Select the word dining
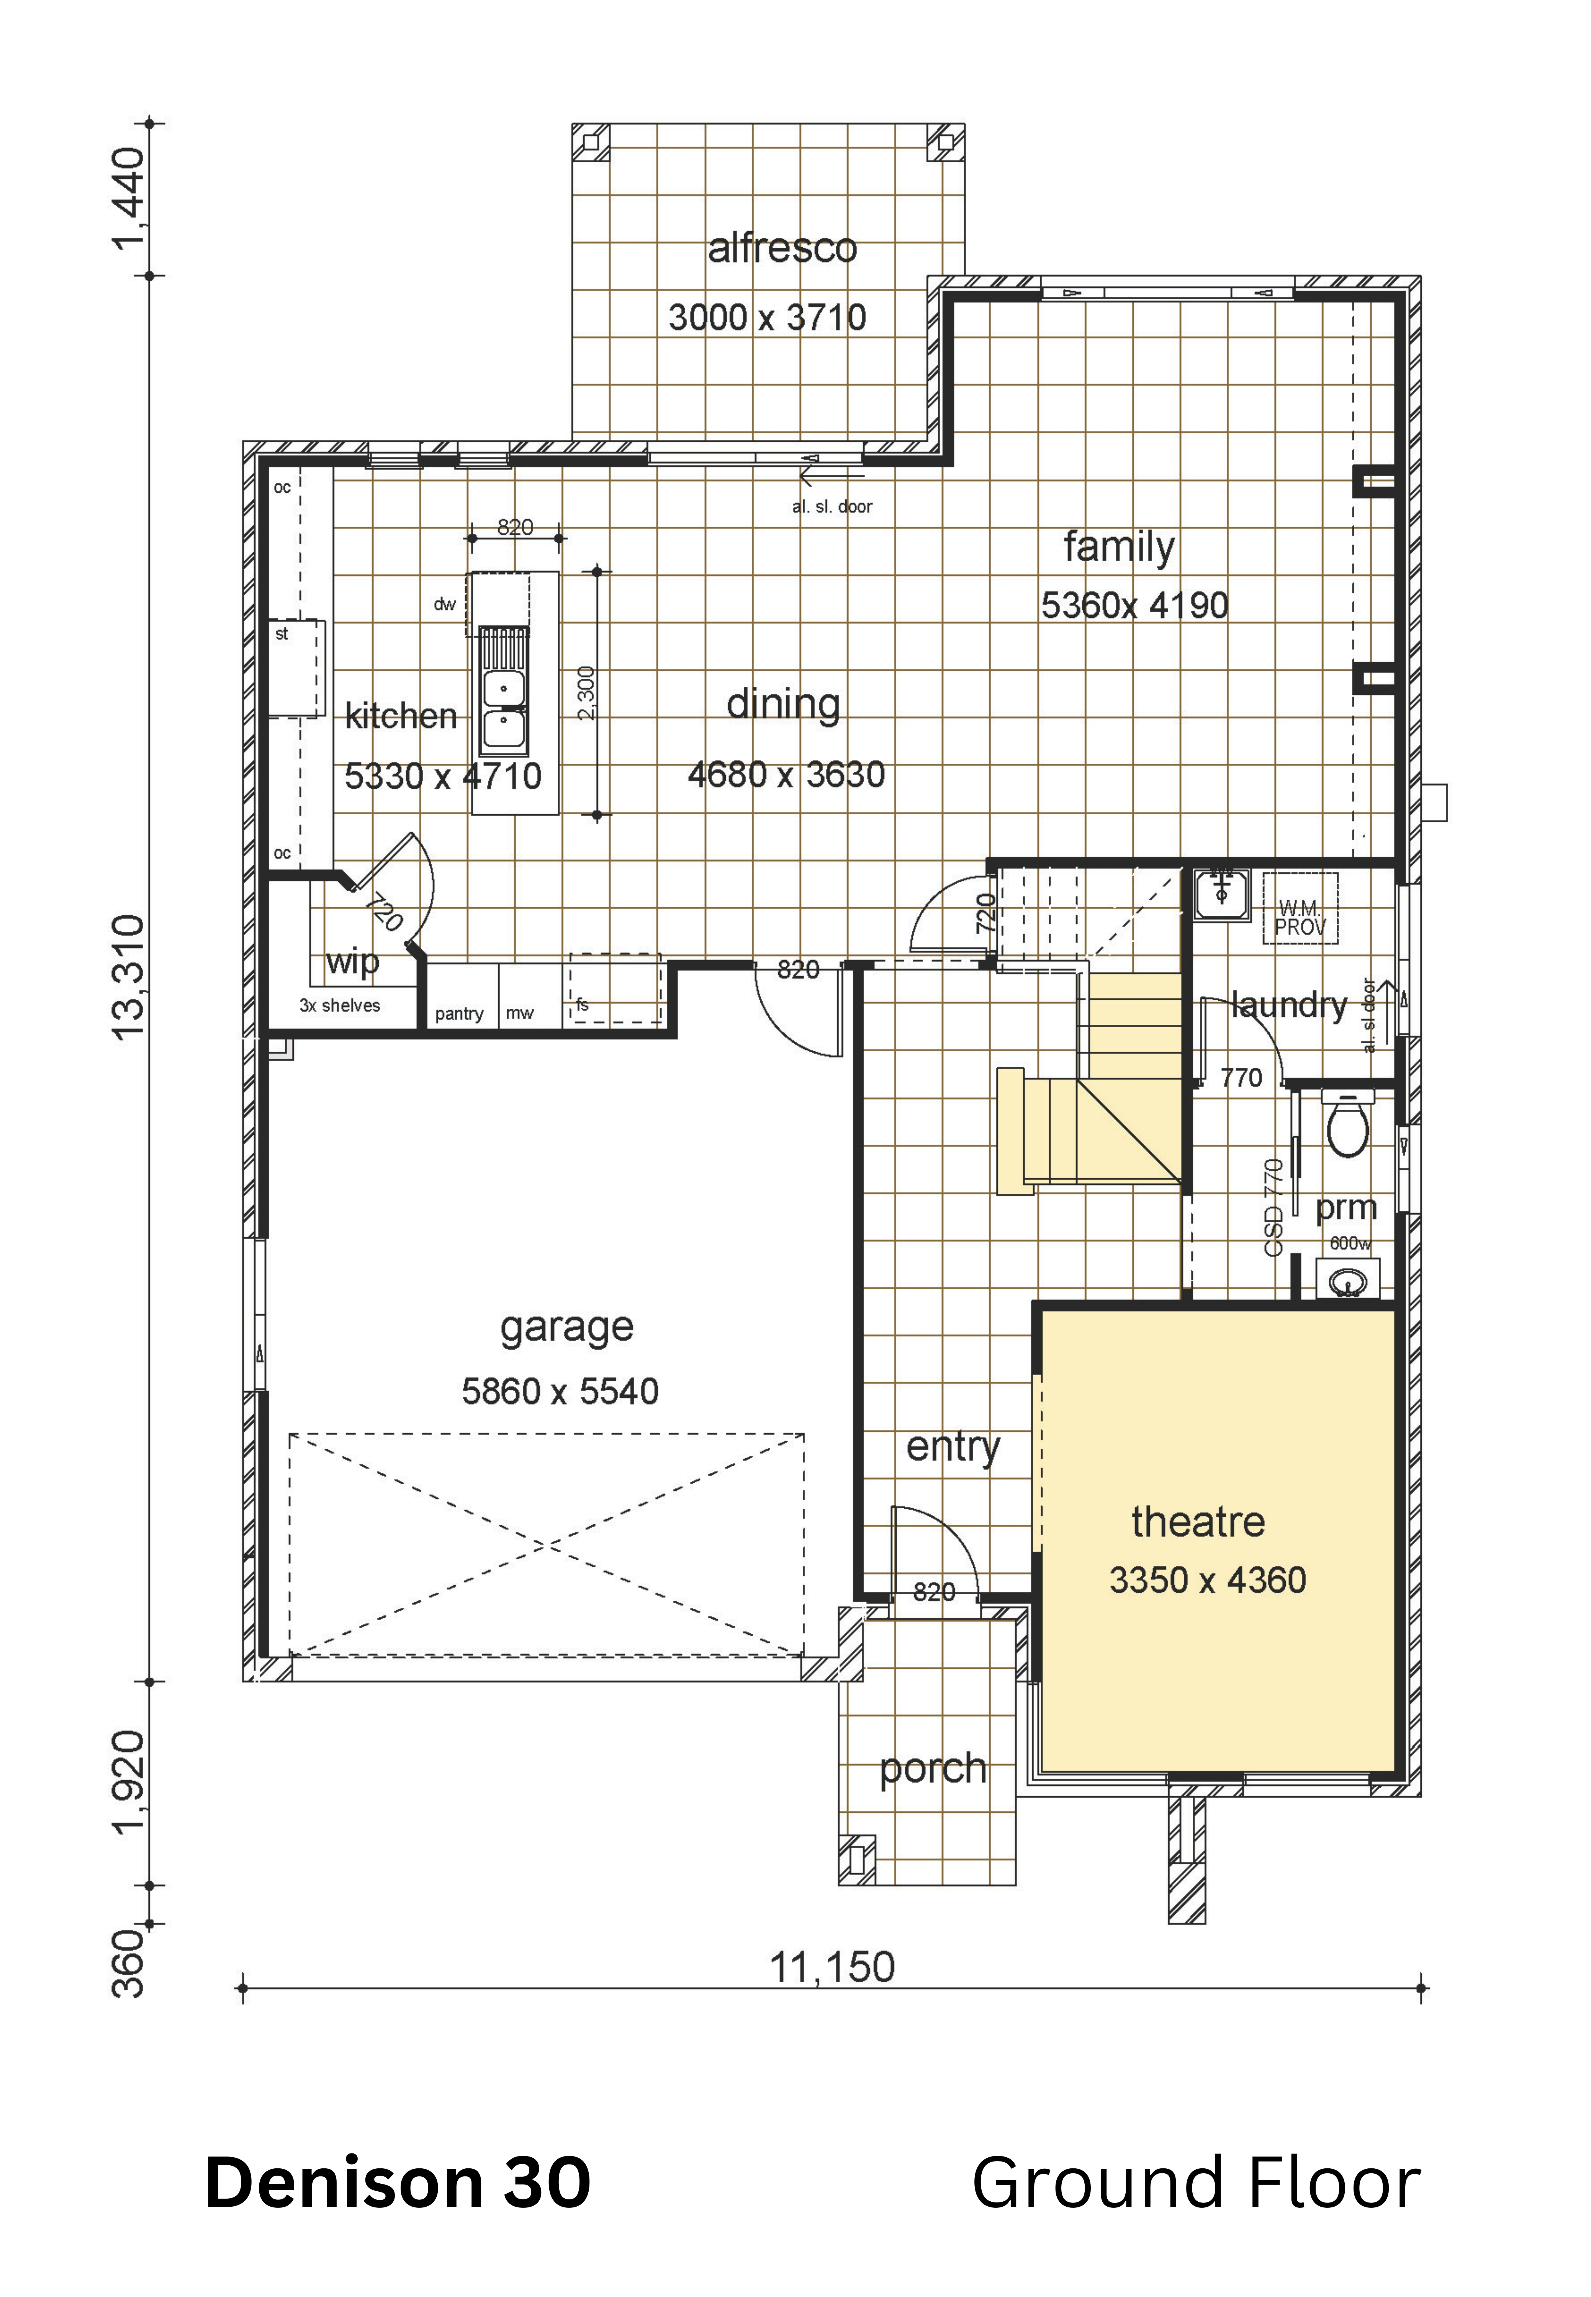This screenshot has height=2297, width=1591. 784,706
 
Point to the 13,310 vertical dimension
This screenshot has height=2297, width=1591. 129,978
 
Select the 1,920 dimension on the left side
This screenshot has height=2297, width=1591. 129,1783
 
